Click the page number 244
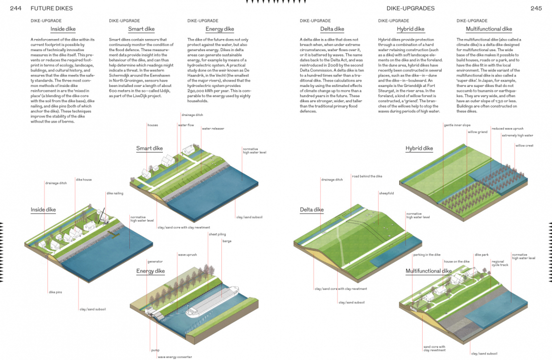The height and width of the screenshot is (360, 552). pyautogui.click(x=15, y=8)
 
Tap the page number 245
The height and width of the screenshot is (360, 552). pyautogui.click(x=536, y=8)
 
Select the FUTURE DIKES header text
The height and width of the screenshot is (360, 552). pyautogui.click(x=51, y=8)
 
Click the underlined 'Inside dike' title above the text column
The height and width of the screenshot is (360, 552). pyautogui.click(x=63, y=29)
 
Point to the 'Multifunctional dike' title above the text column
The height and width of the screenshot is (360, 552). pyautogui.click(x=489, y=29)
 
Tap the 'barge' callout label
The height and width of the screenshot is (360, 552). pyautogui.click(x=227, y=241)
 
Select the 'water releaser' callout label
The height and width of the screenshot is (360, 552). pyautogui.click(x=213, y=128)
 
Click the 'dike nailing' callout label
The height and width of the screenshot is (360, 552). pyautogui.click(x=115, y=193)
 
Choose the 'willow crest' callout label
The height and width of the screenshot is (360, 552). pyautogui.click(x=525, y=145)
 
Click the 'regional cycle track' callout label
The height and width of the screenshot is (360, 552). pyautogui.click(x=500, y=263)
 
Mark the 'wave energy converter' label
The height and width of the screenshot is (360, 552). pyautogui.click(x=175, y=357)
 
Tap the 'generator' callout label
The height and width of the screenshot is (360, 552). pyautogui.click(x=155, y=261)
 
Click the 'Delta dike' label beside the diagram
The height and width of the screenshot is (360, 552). pyautogui.click(x=312, y=209)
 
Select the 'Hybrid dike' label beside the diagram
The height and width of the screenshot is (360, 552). pyautogui.click(x=419, y=148)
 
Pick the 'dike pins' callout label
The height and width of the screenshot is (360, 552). pyautogui.click(x=55, y=292)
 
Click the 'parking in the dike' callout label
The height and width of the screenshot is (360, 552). pyautogui.click(x=427, y=255)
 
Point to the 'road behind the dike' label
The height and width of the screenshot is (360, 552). pyautogui.click(x=367, y=176)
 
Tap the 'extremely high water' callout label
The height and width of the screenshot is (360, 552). pyautogui.click(x=518, y=135)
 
